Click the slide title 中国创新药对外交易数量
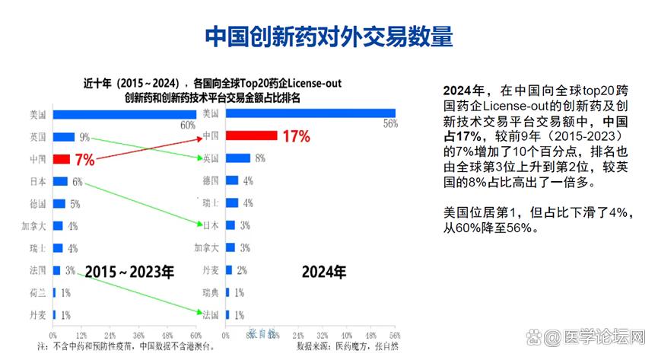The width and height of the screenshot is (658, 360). tap(329, 36)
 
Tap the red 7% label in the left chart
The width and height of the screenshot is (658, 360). tap(84, 160)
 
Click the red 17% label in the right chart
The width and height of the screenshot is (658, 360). tap(295, 137)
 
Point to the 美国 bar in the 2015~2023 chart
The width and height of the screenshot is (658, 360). tap(124, 115)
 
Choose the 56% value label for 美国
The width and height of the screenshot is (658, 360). tap(390, 124)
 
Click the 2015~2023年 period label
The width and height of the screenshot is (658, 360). tap(129, 271)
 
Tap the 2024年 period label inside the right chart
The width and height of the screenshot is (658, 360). tap(323, 271)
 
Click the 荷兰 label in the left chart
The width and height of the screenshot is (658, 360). tap(37, 292)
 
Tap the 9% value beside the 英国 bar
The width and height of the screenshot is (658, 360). tap(84, 138)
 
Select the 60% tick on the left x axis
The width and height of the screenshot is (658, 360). tap(195, 335)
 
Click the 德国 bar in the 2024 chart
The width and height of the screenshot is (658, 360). tap(232, 181)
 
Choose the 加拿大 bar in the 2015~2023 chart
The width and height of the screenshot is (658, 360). tap(57, 226)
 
